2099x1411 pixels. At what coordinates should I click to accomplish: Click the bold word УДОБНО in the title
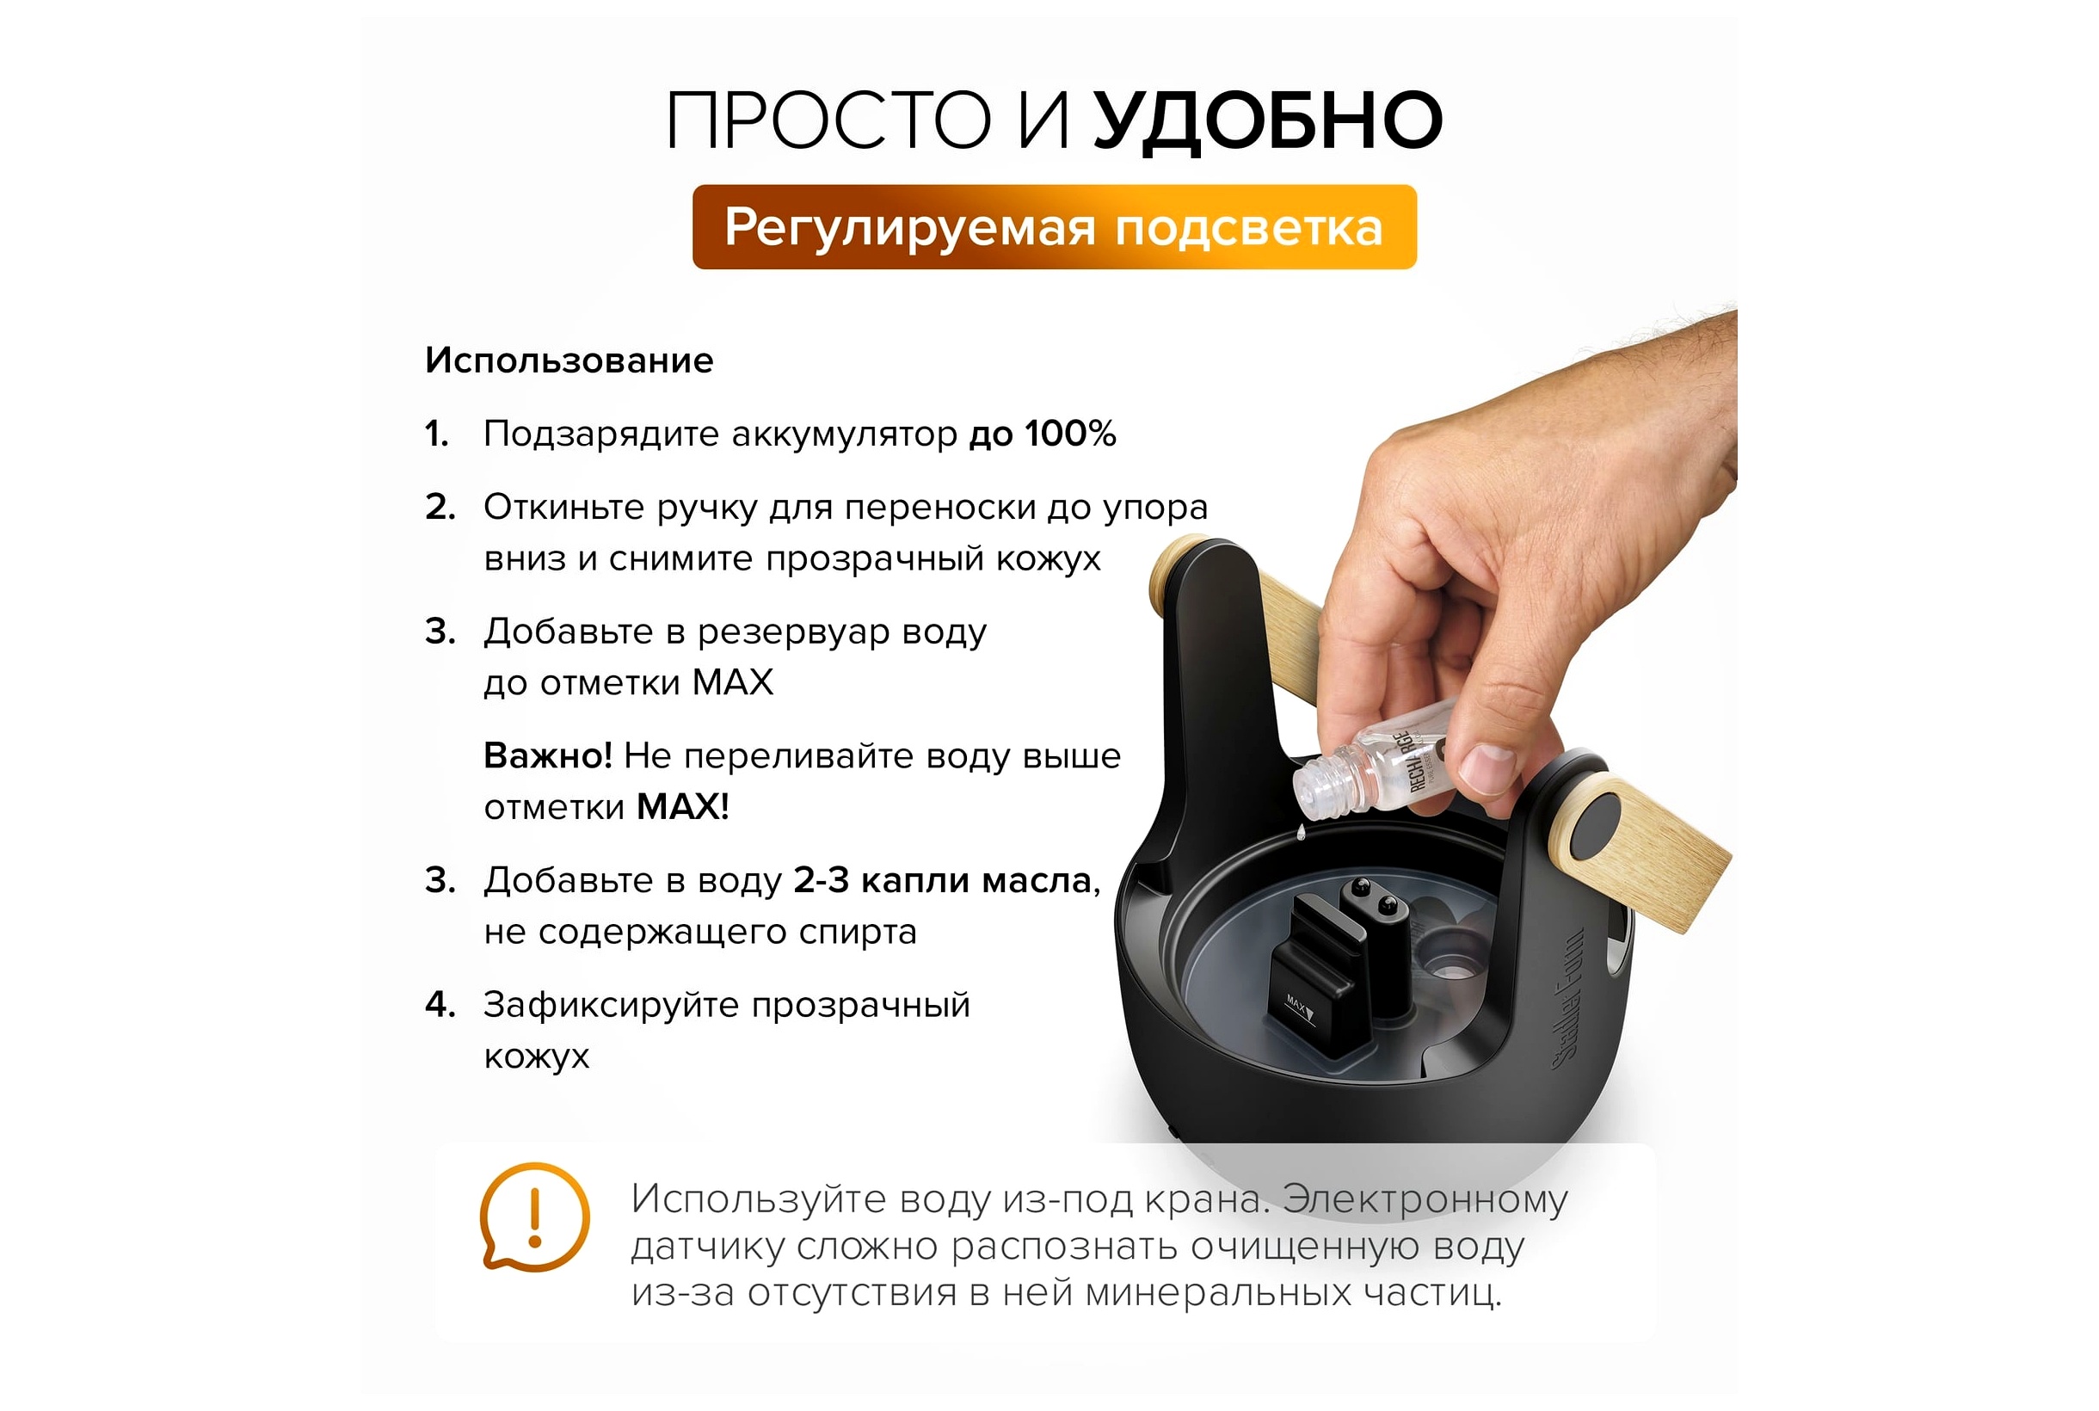(x=1267, y=121)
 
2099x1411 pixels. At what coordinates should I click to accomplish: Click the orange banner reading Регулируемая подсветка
(x=1054, y=227)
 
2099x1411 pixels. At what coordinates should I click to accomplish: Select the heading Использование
(x=569, y=360)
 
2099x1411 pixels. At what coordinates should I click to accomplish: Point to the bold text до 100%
(x=1042, y=434)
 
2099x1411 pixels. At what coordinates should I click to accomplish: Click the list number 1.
(x=436, y=434)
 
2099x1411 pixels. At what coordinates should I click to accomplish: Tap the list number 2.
(x=440, y=508)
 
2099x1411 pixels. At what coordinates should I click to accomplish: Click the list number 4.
(x=440, y=1004)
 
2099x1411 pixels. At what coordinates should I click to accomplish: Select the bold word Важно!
(x=548, y=756)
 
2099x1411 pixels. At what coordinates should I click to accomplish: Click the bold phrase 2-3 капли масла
(x=942, y=880)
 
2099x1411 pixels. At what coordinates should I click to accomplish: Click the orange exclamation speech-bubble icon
(x=534, y=1217)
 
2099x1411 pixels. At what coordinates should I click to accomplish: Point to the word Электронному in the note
(x=1425, y=1199)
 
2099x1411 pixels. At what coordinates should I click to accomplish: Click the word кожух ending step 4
(x=536, y=1057)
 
